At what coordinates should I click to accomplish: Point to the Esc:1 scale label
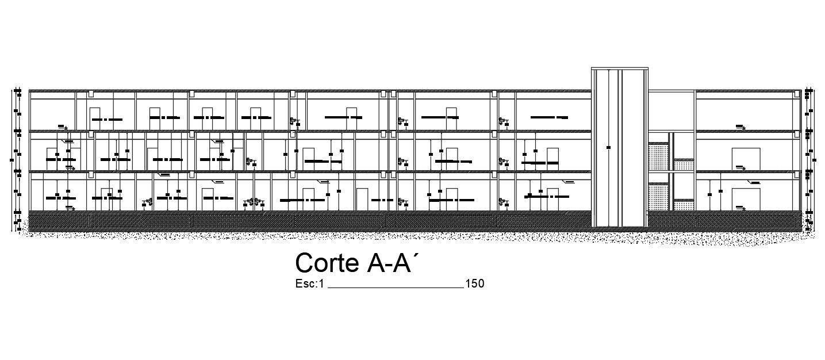click(x=310, y=284)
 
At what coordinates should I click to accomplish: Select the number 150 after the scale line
click(x=475, y=284)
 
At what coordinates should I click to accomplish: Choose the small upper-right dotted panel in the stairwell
click(x=683, y=165)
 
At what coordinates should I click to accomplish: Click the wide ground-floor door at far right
click(x=746, y=198)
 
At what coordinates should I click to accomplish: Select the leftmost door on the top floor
click(x=95, y=118)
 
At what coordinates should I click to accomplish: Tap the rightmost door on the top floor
click(x=451, y=118)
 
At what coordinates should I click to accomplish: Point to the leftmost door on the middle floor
click(x=51, y=159)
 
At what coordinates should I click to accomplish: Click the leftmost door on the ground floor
click(x=106, y=198)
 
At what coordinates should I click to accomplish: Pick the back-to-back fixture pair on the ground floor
click(x=253, y=202)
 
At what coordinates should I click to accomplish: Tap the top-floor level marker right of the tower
click(x=740, y=127)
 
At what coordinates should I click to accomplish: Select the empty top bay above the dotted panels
click(x=671, y=110)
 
